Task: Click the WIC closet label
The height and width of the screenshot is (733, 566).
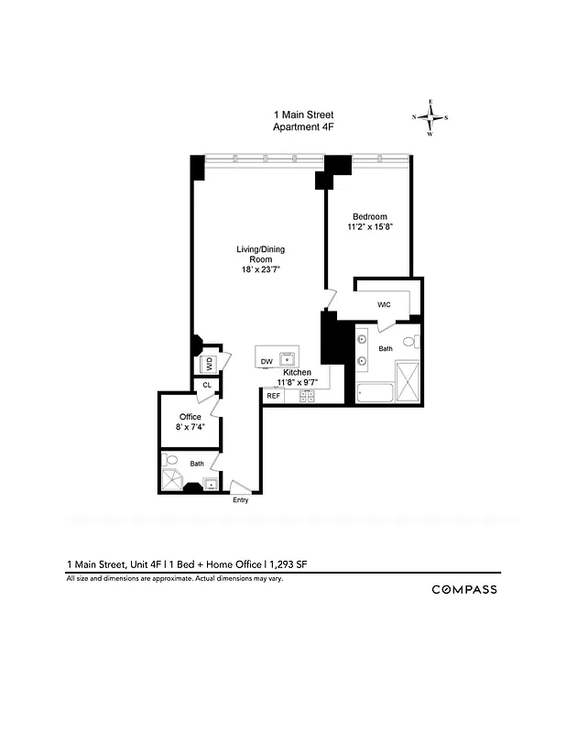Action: click(x=385, y=304)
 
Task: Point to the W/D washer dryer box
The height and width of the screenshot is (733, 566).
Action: click(x=209, y=364)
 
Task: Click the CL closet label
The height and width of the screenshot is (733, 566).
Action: click(x=207, y=386)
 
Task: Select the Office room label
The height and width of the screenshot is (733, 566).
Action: click(x=190, y=417)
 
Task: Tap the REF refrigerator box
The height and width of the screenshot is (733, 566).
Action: click(x=273, y=396)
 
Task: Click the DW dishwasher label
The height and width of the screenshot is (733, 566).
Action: click(x=267, y=361)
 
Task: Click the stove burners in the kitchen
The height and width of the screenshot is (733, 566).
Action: click(x=307, y=396)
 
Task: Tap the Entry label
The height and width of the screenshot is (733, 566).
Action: click(x=240, y=500)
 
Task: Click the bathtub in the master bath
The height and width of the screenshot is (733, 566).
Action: click(x=375, y=394)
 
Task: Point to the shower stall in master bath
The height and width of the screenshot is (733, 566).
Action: click(x=408, y=380)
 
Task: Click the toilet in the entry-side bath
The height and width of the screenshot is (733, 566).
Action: click(x=171, y=460)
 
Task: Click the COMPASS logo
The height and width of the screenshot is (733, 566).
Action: click(x=464, y=589)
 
